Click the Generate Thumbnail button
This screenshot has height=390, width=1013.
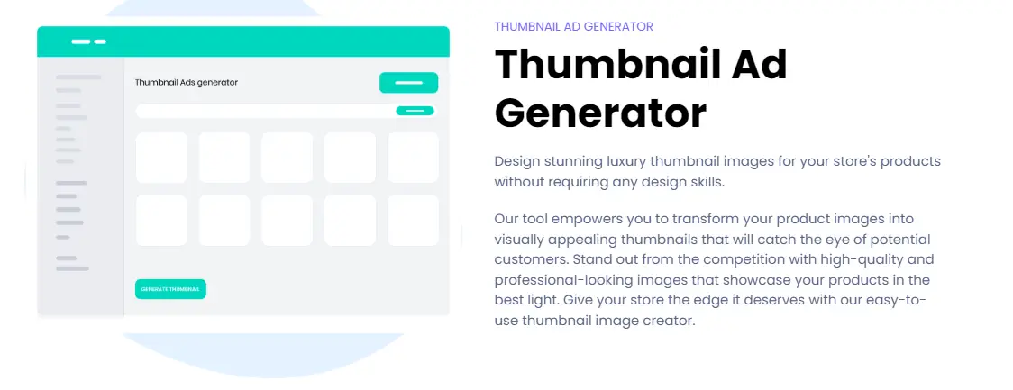(170, 289)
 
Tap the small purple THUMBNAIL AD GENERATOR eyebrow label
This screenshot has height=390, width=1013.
(574, 26)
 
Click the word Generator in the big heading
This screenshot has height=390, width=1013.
(600, 113)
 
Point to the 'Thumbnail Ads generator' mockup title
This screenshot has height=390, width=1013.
(186, 82)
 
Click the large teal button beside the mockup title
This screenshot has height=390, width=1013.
(408, 83)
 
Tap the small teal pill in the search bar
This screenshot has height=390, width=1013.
(415, 111)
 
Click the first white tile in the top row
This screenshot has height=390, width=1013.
(161, 158)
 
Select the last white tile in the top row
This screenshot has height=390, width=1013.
(413, 158)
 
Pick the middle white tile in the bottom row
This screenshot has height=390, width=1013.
(287, 220)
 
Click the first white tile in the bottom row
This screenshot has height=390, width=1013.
(161, 220)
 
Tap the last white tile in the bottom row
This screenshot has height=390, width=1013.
(413, 220)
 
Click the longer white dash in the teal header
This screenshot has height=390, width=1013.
(81, 42)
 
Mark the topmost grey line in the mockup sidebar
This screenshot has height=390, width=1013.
(78, 77)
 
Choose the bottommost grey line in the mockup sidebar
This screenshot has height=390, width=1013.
(72, 268)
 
